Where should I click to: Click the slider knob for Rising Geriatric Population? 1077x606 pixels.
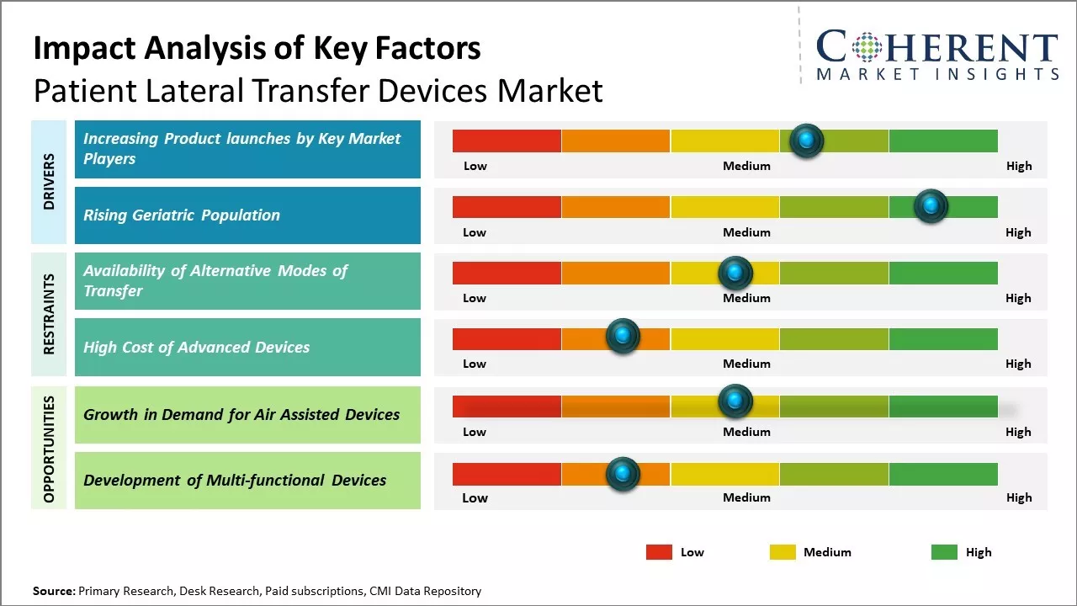point(930,206)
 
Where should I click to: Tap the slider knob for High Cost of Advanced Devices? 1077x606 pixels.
point(623,338)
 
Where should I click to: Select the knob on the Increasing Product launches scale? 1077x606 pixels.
point(806,141)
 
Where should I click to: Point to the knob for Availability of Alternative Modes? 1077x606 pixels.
point(735,273)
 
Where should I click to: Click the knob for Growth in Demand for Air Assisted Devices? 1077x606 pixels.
point(735,401)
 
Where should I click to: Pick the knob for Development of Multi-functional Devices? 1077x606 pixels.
point(623,474)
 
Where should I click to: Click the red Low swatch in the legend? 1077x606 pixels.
point(659,552)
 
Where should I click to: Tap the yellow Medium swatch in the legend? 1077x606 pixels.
point(783,552)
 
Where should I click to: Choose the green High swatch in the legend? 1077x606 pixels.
point(944,552)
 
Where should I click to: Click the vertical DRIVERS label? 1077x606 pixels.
point(49,182)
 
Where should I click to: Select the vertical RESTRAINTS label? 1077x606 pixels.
point(49,313)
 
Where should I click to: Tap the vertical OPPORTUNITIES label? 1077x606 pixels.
point(49,448)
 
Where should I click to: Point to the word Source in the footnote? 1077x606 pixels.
point(53,591)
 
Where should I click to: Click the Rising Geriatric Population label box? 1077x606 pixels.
point(247,215)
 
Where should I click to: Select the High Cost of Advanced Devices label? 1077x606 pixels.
point(247,347)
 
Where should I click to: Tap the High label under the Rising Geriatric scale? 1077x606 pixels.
point(1018,232)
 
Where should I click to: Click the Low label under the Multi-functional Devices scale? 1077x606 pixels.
point(475,497)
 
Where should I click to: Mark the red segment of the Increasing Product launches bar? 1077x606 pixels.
point(507,141)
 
